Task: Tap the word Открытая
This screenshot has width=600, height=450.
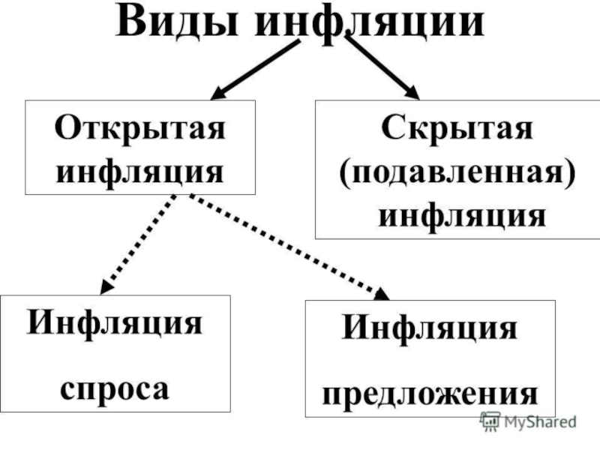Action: [140, 127]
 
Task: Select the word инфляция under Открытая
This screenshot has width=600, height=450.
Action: [140, 171]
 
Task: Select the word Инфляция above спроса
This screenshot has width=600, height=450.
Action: [115, 325]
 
